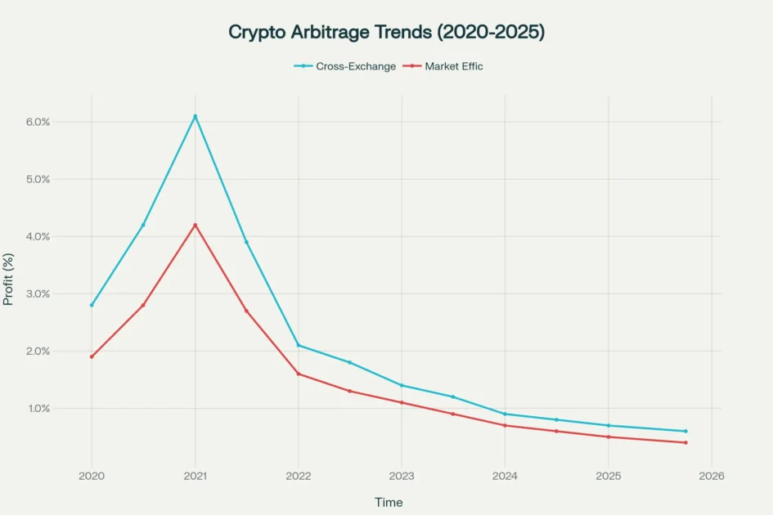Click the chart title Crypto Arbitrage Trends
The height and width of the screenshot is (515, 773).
386,32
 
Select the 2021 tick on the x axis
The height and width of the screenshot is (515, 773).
195,475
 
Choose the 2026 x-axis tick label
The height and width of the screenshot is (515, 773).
711,475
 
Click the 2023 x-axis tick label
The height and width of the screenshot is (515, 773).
402,475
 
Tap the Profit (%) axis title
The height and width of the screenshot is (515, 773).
9,279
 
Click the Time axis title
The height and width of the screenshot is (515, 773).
389,502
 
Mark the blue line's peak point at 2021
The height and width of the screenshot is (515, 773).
195,116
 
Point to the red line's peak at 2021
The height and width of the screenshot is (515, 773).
195,225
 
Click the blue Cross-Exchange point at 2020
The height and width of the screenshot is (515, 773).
92,305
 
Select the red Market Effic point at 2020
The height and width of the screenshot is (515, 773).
92,356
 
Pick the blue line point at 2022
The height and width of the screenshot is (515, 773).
299,345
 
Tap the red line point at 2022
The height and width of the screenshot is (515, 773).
299,374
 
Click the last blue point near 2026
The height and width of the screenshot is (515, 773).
685,431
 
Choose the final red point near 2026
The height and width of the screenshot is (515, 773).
685,442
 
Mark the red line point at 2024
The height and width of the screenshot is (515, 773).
505,425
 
